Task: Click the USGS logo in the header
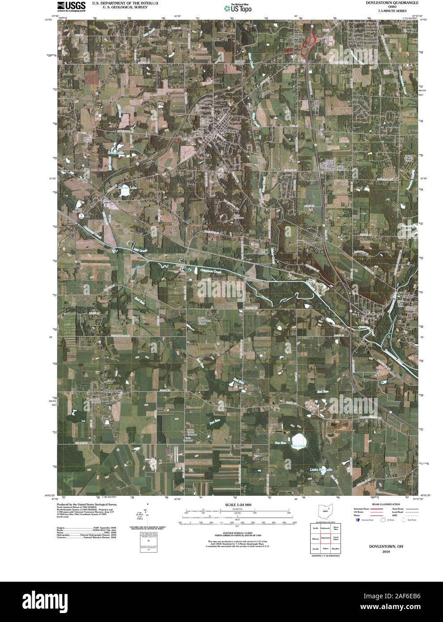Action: tap(71, 6)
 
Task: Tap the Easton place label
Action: tap(106, 202)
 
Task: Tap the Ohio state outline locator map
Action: tap(325, 510)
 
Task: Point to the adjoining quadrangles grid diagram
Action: tap(325, 538)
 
